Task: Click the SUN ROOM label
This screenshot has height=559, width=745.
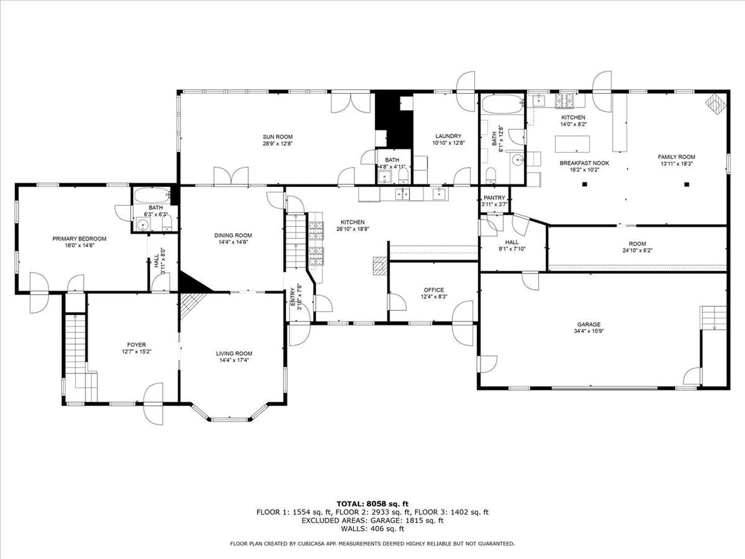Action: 277,137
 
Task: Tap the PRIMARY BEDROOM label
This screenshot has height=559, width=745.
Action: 79,239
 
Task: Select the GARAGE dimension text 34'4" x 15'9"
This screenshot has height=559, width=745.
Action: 589,331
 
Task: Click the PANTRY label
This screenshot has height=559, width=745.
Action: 494,198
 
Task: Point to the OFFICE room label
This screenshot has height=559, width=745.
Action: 434,290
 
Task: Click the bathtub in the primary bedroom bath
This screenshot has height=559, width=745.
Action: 152,195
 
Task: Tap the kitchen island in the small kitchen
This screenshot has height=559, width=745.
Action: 572,144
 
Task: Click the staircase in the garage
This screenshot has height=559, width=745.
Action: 713,318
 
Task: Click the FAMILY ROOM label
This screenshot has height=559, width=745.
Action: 676,157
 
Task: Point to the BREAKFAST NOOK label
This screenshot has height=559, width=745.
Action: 584,163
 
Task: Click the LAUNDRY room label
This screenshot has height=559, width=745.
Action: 448,136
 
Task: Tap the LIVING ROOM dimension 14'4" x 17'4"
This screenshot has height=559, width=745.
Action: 234,360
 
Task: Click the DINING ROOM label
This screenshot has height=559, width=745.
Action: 233,235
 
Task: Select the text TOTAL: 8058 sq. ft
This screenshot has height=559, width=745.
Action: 372,504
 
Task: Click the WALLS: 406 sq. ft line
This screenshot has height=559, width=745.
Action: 372,529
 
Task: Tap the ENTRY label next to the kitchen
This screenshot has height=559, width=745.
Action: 293,297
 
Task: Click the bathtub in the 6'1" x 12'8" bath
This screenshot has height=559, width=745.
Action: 502,104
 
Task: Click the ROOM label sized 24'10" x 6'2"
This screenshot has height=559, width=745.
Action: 637,244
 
